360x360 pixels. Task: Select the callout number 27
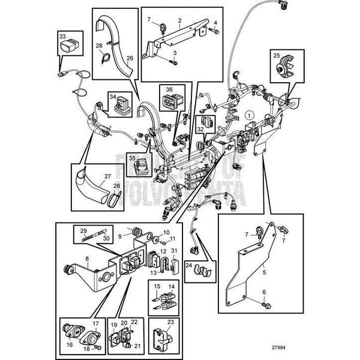click(x=108, y=176)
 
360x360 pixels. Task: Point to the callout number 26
click(x=129, y=59)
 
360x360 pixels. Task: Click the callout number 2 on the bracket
click(x=179, y=20)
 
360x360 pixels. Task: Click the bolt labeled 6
click(x=265, y=305)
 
